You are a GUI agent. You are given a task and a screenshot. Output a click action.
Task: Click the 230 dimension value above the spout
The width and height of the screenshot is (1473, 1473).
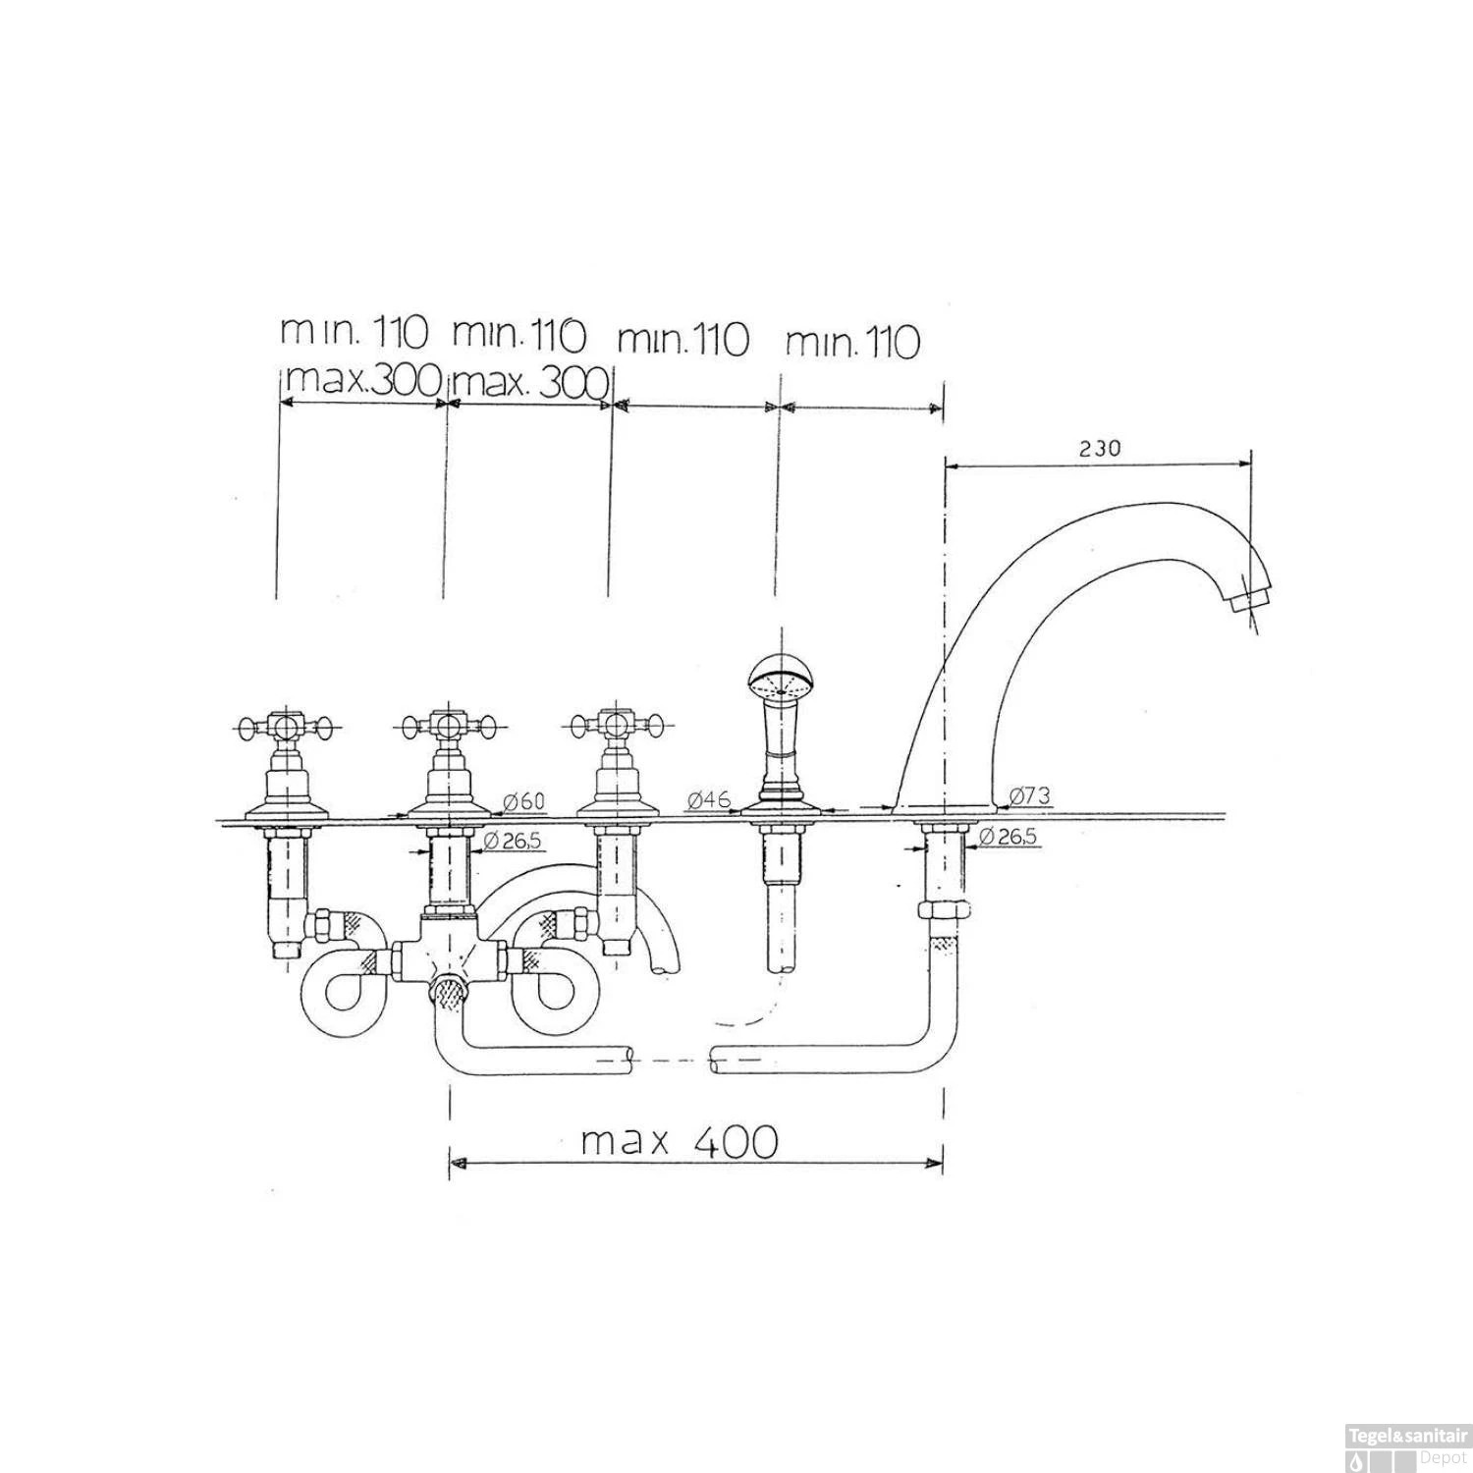coord(1099,449)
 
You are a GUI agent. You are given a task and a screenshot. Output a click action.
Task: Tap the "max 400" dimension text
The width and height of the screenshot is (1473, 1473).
coord(680,1141)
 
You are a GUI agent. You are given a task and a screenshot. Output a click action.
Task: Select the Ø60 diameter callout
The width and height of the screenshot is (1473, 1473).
coord(523,802)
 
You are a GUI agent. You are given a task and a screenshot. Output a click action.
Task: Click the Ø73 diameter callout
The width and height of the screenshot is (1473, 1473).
coord(1029,794)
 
